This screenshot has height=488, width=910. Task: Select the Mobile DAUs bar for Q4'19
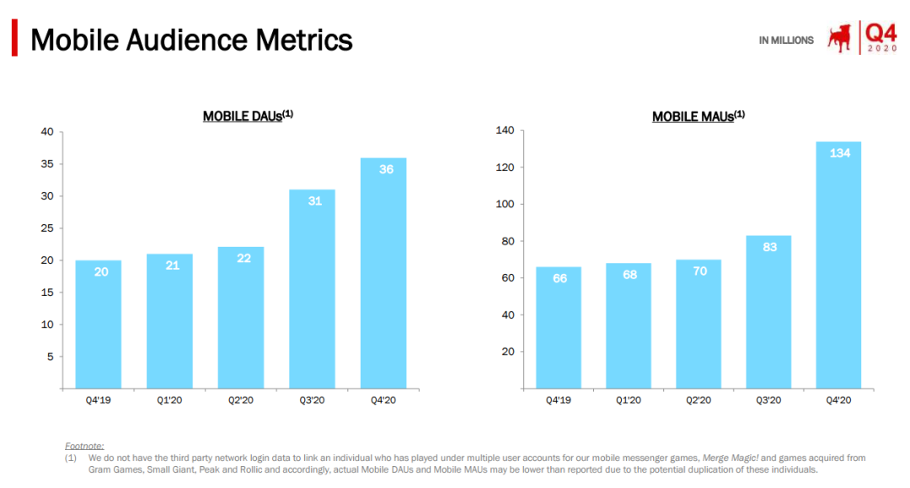pos(99,324)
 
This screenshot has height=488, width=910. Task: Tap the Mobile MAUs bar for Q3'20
pos(768,312)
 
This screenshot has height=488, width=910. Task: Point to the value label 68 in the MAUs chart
pos(629,275)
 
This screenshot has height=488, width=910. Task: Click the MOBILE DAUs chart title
pos(247,116)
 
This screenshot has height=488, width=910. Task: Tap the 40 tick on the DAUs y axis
pos(46,131)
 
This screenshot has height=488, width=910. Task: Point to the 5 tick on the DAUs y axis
pos(50,357)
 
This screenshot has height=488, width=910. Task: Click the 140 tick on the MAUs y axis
pos(505,131)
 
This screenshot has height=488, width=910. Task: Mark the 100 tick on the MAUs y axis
pos(505,204)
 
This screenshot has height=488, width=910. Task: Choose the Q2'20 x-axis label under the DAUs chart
pos(241,400)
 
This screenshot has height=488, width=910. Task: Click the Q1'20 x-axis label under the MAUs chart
pos(629,400)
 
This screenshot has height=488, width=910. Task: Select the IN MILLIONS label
pos(786,40)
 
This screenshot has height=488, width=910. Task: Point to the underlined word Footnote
pos(84,445)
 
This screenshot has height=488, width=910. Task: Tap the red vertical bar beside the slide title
pos(14,39)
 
